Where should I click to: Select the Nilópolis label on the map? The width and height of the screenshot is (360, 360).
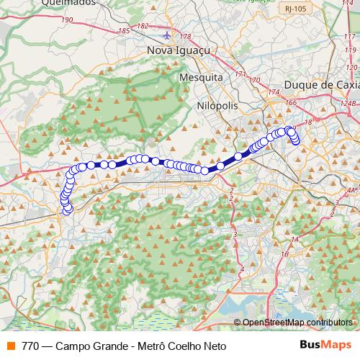point(217,104)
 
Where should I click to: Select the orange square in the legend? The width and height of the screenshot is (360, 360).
point(10,346)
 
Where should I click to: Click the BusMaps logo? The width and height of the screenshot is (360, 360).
point(325,346)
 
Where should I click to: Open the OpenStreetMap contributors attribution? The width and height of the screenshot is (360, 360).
point(297,323)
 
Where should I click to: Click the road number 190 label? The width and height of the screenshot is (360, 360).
point(68,20)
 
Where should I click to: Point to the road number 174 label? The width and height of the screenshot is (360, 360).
point(272,93)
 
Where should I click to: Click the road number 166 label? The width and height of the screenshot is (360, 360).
point(290,104)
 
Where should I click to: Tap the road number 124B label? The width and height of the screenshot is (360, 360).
point(350,102)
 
